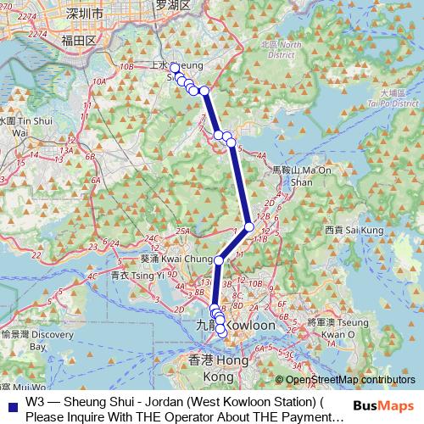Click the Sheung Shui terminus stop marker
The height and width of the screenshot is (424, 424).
pyautogui.click(x=174, y=68)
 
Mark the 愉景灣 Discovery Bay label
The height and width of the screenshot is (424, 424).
pyautogui.click(x=30, y=340)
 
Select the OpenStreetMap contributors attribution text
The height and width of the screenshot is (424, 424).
pyautogui.click(x=351, y=380)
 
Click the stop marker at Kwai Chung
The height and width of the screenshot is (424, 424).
pyautogui.click(x=219, y=260)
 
